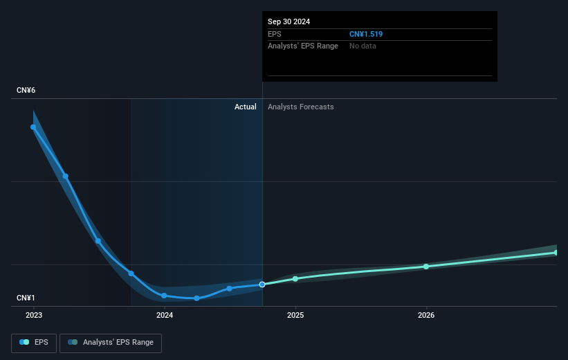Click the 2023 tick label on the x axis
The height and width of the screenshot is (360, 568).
tap(34, 315)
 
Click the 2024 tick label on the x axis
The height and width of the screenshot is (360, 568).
tap(165, 315)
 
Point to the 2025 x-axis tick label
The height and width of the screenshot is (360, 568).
tap(295, 315)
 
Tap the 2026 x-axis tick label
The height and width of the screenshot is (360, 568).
tap(426, 315)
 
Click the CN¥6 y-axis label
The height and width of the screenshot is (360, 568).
tap(26, 91)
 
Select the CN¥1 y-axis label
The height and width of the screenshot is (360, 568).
tap(26, 298)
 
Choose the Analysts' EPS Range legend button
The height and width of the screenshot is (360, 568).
tap(111, 342)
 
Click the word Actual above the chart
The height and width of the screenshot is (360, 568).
tap(245, 107)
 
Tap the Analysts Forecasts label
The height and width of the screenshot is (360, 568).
tap(300, 107)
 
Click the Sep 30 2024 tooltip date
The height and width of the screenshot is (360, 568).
tap(289, 21)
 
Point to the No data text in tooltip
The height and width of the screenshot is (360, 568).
tap(363, 46)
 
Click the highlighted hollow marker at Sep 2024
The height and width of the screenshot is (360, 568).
tap(262, 285)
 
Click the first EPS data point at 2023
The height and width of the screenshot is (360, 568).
tap(33, 127)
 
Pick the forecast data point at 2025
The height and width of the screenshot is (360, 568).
tap(295, 278)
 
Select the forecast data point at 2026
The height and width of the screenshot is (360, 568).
tap(426, 267)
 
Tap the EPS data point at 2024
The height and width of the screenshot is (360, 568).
tap(164, 296)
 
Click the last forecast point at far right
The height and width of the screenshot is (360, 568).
tap(556, 253)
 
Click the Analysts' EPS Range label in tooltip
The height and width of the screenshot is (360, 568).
tap(303, 46)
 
